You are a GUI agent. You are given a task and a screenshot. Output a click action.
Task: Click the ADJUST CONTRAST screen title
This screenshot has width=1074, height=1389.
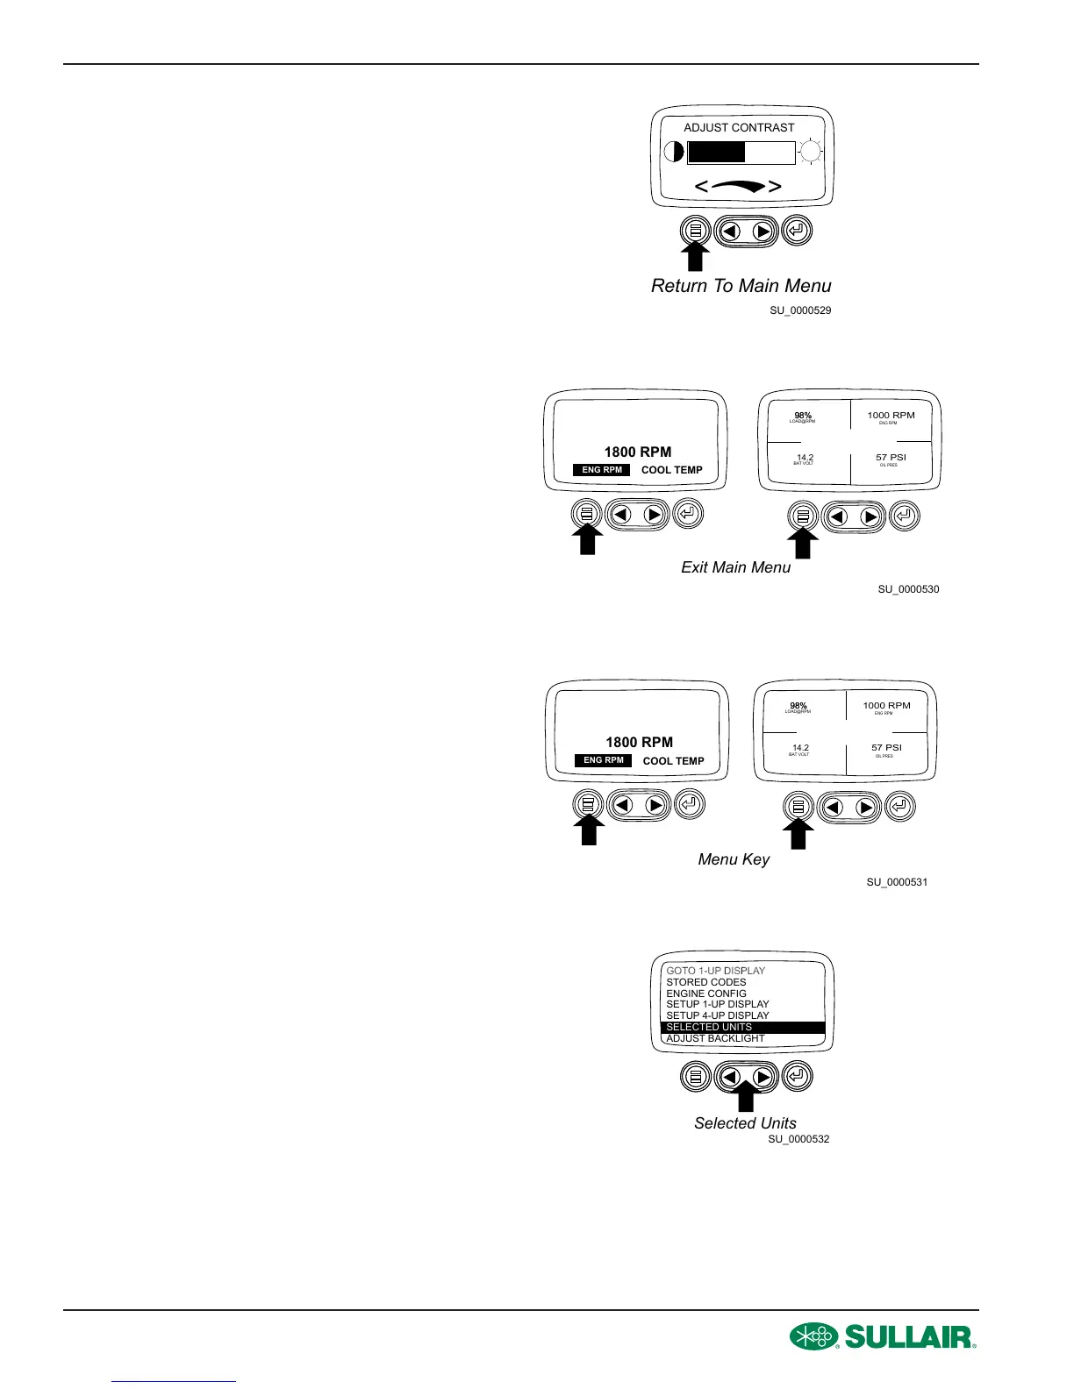[x=739, y=128]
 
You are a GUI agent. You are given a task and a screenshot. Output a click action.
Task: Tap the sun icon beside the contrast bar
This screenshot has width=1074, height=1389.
[x=811, y=152]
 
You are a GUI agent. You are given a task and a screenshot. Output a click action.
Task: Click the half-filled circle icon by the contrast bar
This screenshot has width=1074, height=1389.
[x=674, y=152]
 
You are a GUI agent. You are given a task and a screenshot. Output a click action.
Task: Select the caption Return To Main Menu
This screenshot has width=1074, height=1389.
[x=741, y=286]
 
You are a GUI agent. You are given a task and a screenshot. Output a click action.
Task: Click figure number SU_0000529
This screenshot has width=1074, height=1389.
[x=800, y=310]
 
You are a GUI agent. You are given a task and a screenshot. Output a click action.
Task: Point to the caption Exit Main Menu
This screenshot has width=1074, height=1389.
[x=735, y=567]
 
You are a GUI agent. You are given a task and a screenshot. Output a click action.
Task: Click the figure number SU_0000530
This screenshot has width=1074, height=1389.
[x=908, y=589]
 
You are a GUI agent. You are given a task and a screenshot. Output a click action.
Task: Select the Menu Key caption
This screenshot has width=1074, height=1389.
[x=734, y=859]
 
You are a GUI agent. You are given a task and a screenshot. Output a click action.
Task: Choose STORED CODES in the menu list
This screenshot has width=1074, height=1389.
[x=706, y=982]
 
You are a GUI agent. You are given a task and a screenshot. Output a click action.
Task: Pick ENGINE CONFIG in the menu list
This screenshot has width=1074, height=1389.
[x=706, y=994]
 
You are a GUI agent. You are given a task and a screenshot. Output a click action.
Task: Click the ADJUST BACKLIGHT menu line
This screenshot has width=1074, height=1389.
[x=715, y=1038]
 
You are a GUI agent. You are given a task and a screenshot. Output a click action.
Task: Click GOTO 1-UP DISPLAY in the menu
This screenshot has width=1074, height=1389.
[x=715, y=971]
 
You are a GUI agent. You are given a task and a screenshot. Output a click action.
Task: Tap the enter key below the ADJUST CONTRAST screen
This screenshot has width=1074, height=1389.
[x=797, y=231]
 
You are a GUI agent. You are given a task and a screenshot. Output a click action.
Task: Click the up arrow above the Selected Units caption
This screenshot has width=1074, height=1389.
[x=746, y=1098]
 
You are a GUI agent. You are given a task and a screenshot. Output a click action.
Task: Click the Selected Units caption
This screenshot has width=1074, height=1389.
[x=745, y=1123]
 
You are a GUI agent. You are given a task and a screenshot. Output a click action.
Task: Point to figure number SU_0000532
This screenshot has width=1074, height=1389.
[x=798, y=1139]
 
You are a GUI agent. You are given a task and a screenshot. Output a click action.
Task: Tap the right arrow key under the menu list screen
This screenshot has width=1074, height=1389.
[x=763, y=1076]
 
